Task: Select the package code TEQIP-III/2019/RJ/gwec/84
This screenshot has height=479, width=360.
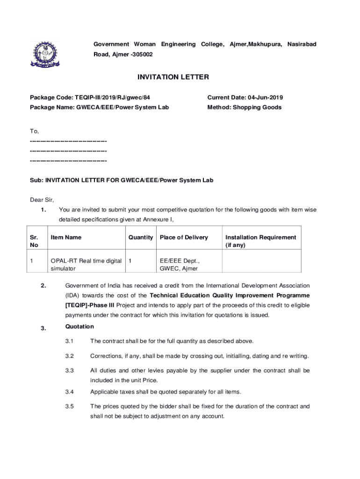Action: click(x=113, y=98)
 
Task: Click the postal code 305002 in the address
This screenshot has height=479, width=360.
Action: click(x=141, y=54)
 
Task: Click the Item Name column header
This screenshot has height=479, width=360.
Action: click(x=66, y=237)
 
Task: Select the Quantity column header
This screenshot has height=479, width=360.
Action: click(x=141, y=237)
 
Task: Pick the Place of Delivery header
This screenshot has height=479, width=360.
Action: click(x=184, y=237)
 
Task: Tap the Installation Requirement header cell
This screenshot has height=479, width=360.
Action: click(x=260, y=241)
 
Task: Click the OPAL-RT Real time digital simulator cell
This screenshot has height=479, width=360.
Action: click(x=86, y=264)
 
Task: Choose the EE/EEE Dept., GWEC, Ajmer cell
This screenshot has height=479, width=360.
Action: click(x=179, y=264)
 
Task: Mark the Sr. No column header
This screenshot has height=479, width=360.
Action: click(x=35, y=241)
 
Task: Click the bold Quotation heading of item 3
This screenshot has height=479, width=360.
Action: click(x=79, y=327)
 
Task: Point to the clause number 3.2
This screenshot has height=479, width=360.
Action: click(x=70, y=356)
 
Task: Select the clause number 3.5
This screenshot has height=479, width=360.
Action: click(x=70, y=406)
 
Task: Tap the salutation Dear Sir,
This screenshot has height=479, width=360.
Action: click(x=42, y=200)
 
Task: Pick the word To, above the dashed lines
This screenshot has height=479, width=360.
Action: click(x=35, y=131)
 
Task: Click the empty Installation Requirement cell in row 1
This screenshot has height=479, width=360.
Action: click(x=261, y=264)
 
